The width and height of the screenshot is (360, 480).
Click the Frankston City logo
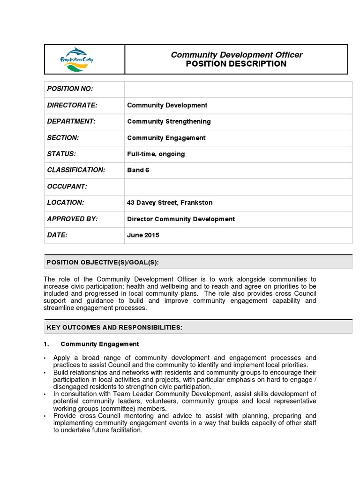(x=77, y=60)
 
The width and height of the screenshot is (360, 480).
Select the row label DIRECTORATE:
(x=69, y=105)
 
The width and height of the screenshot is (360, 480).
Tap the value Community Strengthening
(x=169, y=121)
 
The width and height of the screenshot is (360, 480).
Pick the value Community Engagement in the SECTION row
(x=166, y=138)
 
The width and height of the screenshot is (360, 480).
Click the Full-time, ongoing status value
(x=156, y=154)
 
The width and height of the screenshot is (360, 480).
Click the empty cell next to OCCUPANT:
(x=238, y=187)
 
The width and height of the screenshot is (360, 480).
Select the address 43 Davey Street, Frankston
(x=170, y=202)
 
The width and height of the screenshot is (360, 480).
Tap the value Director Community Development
(x=181, y=219)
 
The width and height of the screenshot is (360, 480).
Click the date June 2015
(x=143, y=235)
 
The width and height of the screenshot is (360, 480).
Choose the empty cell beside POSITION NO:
(x=238, y=89)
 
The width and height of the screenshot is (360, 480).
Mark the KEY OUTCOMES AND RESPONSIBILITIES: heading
(x=114, y=327)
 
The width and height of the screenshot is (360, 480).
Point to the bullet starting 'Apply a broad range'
(x=185, y=361)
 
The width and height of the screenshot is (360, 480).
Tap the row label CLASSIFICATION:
(x=76, y=170)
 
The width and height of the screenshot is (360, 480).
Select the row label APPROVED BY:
(x=72, y=219)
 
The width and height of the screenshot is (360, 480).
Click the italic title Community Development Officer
(x=236, y=55)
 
